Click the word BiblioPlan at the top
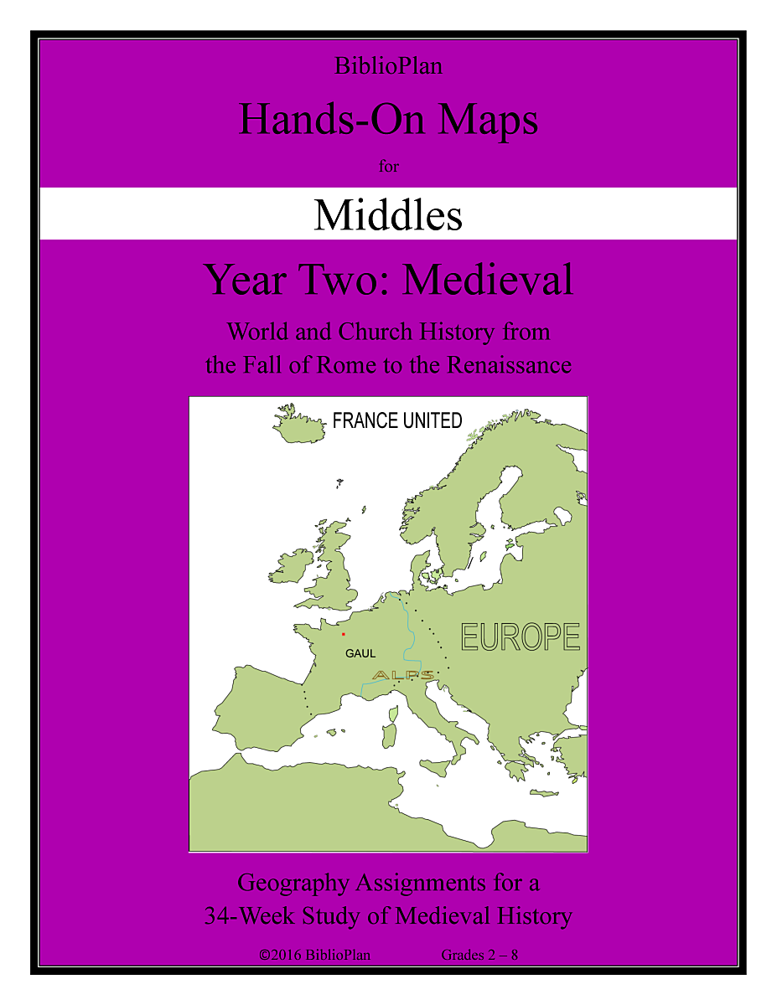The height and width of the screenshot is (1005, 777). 388,67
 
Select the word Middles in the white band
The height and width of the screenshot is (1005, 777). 388,215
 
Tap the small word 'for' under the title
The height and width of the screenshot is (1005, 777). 388,166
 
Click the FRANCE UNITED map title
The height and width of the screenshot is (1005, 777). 397,420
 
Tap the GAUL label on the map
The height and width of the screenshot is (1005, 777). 360,653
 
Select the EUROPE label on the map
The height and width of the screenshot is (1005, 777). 521,637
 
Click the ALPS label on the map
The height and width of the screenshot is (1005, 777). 403,675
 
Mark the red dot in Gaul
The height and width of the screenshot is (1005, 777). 343,634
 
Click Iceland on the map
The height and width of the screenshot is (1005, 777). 299,428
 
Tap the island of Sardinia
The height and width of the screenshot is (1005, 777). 388,736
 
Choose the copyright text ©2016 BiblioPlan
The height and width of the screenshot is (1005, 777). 315,955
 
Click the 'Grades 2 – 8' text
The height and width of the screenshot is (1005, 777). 480,955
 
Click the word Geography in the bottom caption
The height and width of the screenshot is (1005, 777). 293,883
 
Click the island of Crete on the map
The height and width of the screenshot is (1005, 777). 543,793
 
